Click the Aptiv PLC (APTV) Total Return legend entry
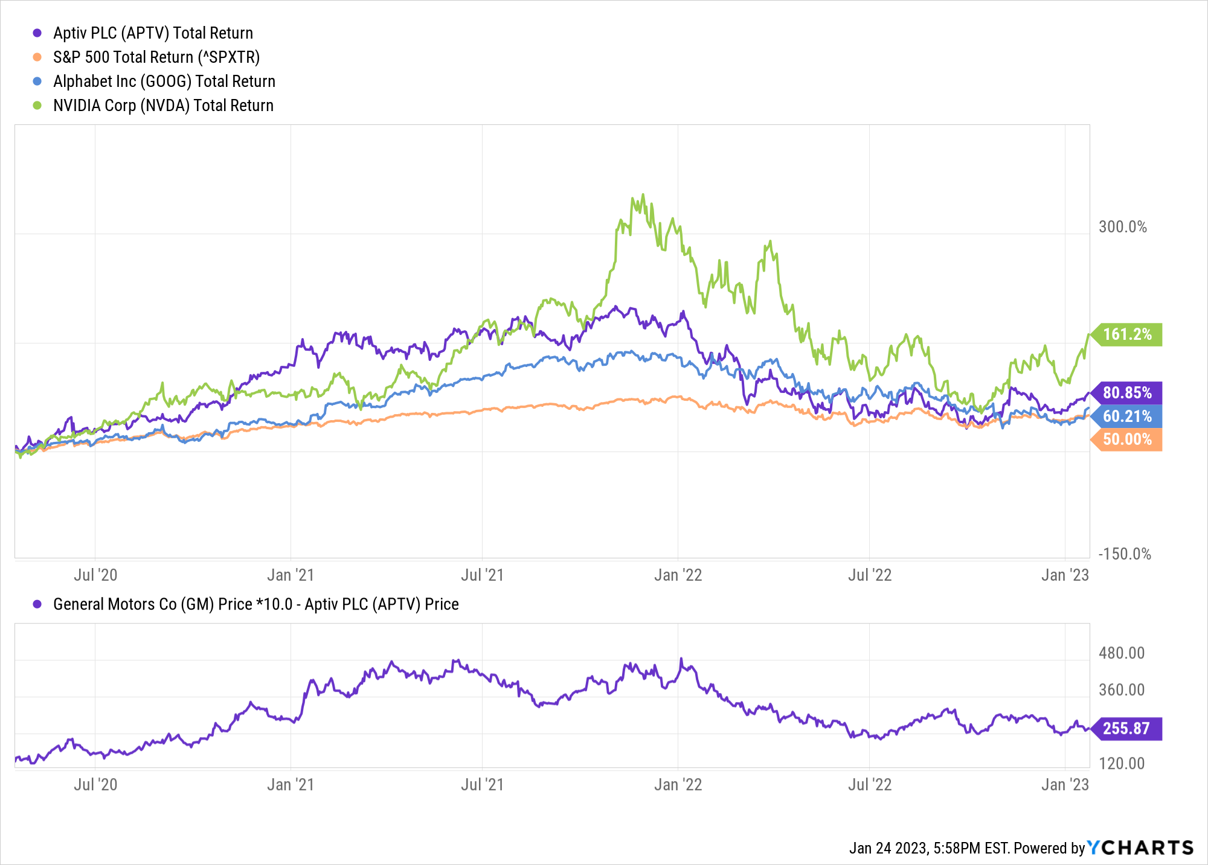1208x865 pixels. coord(153,33)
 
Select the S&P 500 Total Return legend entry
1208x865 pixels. coord(156,57)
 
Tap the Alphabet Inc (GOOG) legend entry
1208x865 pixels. coord(164,81)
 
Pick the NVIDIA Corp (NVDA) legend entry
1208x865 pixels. coord(163,106)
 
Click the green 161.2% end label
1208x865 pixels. coord(1126,334)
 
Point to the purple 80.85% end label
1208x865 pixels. coord(1126,393)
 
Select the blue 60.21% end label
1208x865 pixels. coord(1126,417)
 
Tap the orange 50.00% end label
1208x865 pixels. coord(1126,439)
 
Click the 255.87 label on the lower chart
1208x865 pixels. coord(1126,729)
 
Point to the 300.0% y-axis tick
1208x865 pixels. coord(1122,227)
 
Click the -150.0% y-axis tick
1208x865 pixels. coord(1124,554)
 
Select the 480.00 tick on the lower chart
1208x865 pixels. coord(1122,653)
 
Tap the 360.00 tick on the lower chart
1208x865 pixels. coord(1122,690)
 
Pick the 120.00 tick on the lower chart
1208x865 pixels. coord(1122,764)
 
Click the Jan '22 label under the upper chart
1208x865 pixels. coord(678,575)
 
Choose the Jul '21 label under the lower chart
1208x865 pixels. coord(482,785)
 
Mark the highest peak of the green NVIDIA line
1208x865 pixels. coord(643,194)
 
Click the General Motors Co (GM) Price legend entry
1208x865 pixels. coord(255,604)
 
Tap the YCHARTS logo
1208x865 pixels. coord(1140,848)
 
